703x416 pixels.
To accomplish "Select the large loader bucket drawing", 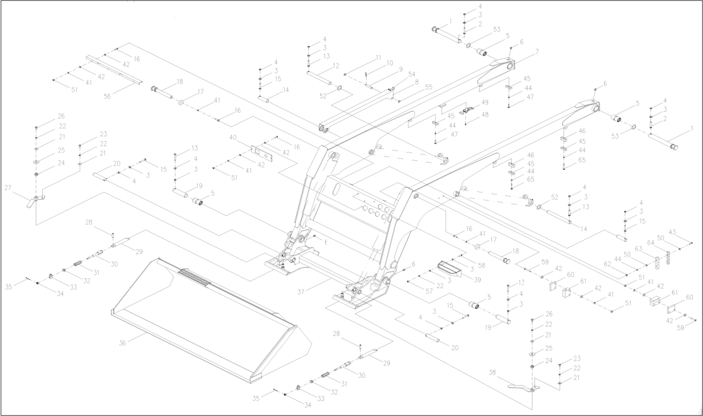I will coord(207,315).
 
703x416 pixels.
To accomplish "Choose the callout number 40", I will coord(233,138).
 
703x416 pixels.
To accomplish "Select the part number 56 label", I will coord(107,96).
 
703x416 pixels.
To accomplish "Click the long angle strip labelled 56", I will coord(113,69).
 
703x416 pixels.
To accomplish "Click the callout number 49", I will coord(485,102).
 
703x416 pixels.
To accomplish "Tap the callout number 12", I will coord(336,65).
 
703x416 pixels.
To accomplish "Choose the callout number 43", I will coord(672,232).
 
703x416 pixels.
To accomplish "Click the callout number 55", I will coord(428,87).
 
